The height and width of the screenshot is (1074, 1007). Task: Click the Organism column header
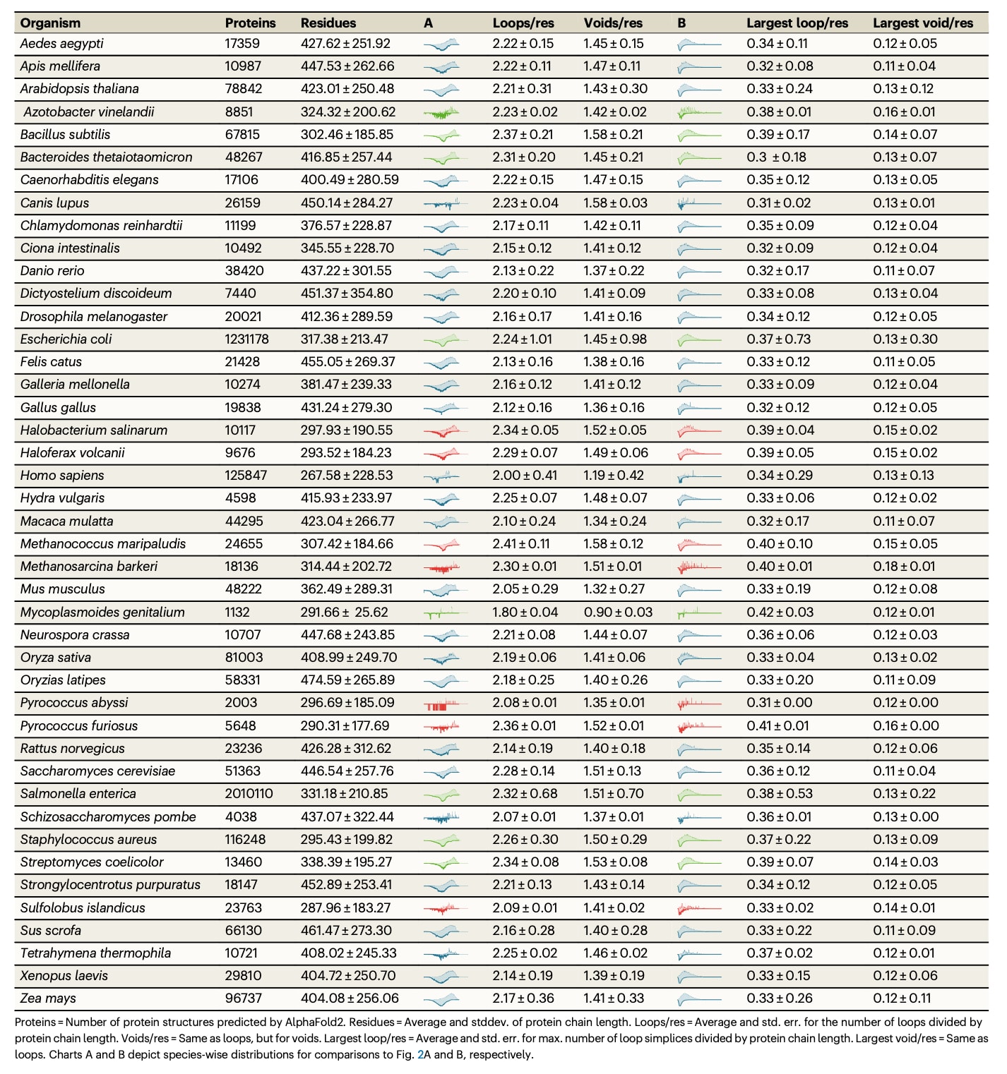pyautogui.click(x=50, y=23)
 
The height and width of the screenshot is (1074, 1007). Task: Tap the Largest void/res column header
pyautogui.click(x=922, y=23)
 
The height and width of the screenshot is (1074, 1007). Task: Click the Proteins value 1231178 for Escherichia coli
pyautogui.click(x=246, y=339)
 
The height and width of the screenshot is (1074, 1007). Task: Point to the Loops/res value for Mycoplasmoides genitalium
pyautogui.click(x=525, y=613)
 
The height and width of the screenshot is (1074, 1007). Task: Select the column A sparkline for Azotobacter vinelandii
pyautogui.click(x=441, y=112)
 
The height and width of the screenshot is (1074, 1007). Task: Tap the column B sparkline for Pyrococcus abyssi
pyautogui.click(x=698, y=703)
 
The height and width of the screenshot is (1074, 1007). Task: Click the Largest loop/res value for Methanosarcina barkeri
pyautogui.click(x=780, y=567)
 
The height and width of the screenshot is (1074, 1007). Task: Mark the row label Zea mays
pyautogui.click(x=48, y=998)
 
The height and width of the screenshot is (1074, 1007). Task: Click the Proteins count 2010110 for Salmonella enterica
pyautogui.click(x=249, y=794)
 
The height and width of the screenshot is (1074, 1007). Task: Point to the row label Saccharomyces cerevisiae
pyautogui.click(x=97, y=771)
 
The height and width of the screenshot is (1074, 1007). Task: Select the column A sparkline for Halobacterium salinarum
pyautogui.click(x=441, y=430)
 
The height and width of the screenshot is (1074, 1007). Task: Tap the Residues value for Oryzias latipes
pyautogui.click(x=347, y=680)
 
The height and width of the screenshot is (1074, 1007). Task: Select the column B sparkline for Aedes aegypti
pyautogui.click(x=698, y=44)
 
